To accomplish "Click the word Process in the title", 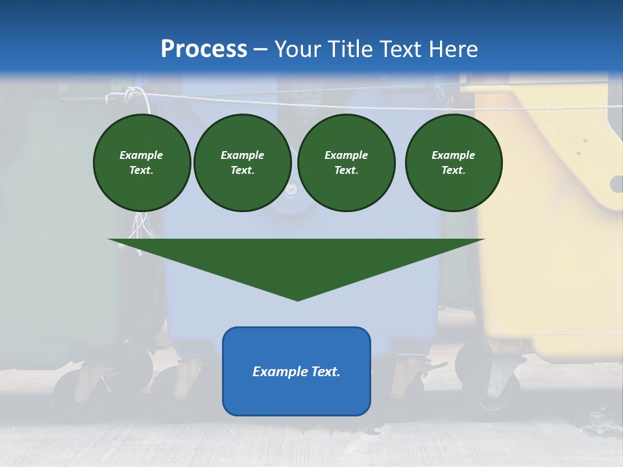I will [x=204, y=49].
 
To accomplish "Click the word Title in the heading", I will [x=349, y=49].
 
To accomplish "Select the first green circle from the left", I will [x=142, y=163].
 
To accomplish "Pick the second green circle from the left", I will [x=243, y=163].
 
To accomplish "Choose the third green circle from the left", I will [x=347, y=163].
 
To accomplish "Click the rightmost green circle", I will [x=454, y=163].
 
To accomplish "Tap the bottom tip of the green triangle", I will [x=297, y=300].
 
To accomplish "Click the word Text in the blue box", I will [x=325, y=372].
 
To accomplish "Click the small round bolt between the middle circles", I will [x=291, y=189].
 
